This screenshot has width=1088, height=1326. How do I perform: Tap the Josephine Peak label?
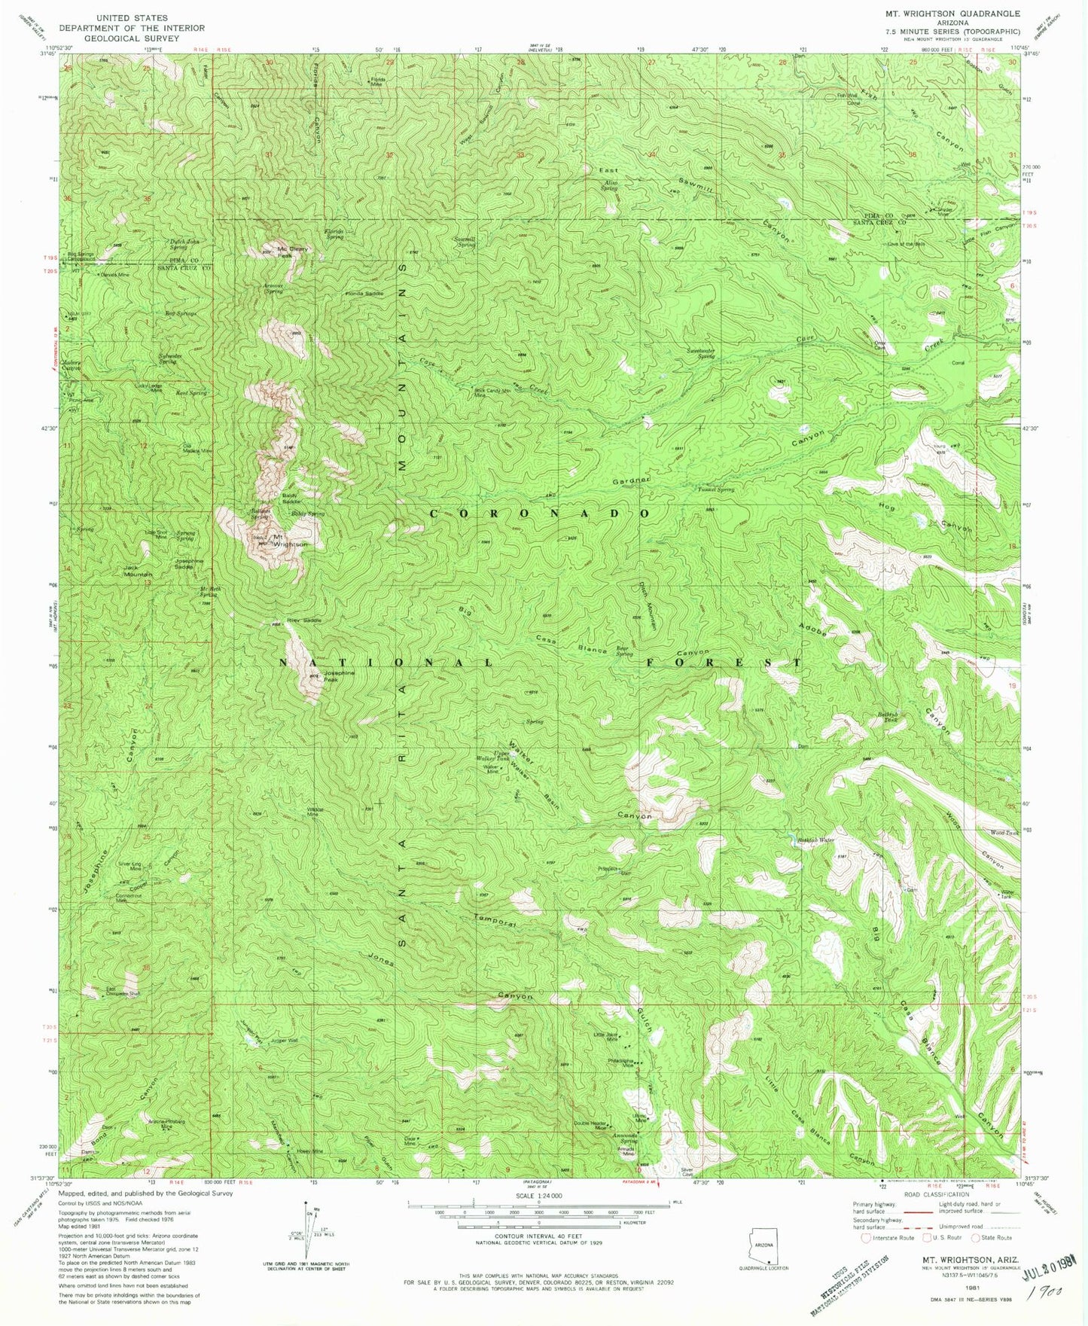(x=302, y=675)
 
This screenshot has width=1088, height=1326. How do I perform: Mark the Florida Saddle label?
(x=364, y=294)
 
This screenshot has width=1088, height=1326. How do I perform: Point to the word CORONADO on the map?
(x=539, y=513)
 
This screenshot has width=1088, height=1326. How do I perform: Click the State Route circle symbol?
(x=977, y=1237)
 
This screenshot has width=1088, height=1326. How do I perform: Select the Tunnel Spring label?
(x=715, y=489)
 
